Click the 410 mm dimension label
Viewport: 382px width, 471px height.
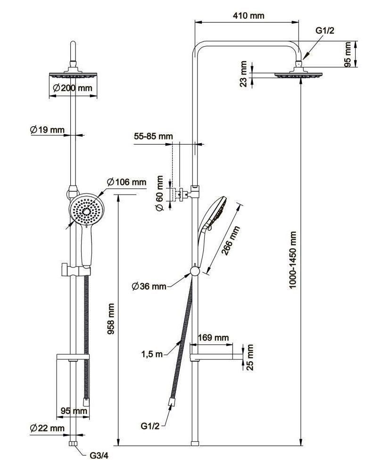pyautogui.click(x=248, y=16)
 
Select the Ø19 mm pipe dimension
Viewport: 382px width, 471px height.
pyautogui.click(x=47, y=130)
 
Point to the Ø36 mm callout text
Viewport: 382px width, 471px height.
pyautogui.click(x=149, y=286)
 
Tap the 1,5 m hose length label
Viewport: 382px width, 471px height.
pyautogui.click(x=151, y=354)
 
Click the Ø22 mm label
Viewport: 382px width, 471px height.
pyautogui.click(x=47, y=428)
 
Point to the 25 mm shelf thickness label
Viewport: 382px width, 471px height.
pyautogui.click(x=251, y=357)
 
